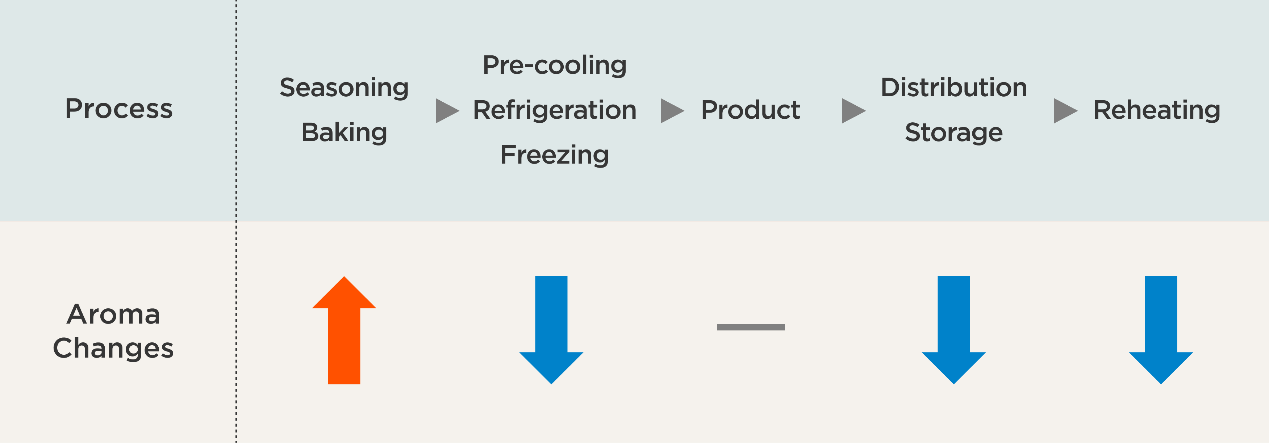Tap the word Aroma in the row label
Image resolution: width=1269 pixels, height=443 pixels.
113,314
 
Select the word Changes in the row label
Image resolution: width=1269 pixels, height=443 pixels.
113,349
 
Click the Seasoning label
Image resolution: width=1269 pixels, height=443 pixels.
344,88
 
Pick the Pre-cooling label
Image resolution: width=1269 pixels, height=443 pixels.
555,66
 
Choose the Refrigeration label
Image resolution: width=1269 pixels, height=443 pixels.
555,110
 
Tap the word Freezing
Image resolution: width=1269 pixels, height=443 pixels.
555,155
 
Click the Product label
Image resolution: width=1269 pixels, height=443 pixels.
750,110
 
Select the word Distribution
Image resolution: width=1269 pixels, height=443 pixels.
954,88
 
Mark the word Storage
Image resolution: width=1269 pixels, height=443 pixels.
954,132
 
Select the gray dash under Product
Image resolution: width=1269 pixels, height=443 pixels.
751,327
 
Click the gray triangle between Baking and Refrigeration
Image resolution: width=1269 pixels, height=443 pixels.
447,111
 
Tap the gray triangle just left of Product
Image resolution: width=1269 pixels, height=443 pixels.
671,111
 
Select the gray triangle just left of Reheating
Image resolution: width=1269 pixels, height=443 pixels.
1065,111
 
